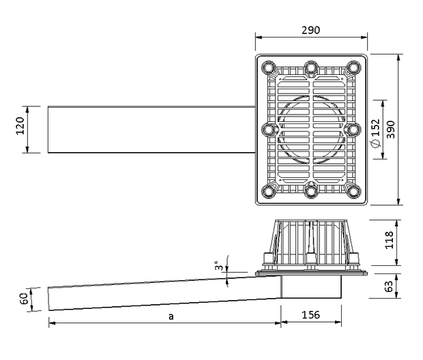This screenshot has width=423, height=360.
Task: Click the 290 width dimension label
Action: point(311,30)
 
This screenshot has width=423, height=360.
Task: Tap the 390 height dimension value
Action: point(390,130)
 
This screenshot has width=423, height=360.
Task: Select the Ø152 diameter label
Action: point(375,134)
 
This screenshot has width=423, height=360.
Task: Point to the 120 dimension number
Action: point(20,125)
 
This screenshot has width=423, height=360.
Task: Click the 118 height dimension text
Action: point(390,240)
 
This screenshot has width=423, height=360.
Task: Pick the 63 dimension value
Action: point(389,286)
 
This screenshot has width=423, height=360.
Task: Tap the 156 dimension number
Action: point(311,315)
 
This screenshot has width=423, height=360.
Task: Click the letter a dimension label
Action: point(171,316)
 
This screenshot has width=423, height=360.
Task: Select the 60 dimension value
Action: point(24,299)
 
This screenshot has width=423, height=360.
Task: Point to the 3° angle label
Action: point(219,266)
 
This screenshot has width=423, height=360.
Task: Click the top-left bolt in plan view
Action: point(269,67)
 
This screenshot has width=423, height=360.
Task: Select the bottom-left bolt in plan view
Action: point(269,192)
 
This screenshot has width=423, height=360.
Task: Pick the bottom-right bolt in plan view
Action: point(353,192)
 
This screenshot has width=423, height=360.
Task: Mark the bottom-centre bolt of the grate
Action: point(311,192)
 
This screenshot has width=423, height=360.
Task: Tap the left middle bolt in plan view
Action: point(269,130)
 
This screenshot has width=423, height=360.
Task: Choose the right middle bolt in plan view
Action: point(353,130)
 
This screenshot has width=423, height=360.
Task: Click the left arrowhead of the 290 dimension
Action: point(259,37)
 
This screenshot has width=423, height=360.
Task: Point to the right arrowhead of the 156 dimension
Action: point(338,322)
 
